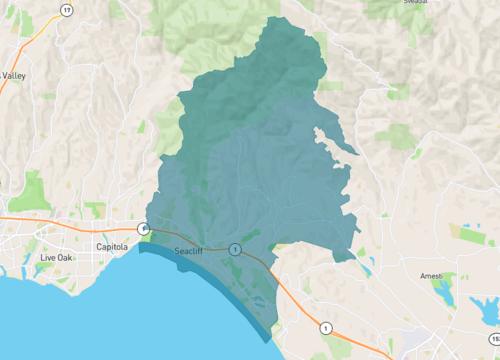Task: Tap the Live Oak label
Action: (57, 258)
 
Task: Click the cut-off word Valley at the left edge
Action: (14, 76)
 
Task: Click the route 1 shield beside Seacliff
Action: (234, 248)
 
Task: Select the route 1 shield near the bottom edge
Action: (325, 327)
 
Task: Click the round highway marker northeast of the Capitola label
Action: (144, 229)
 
